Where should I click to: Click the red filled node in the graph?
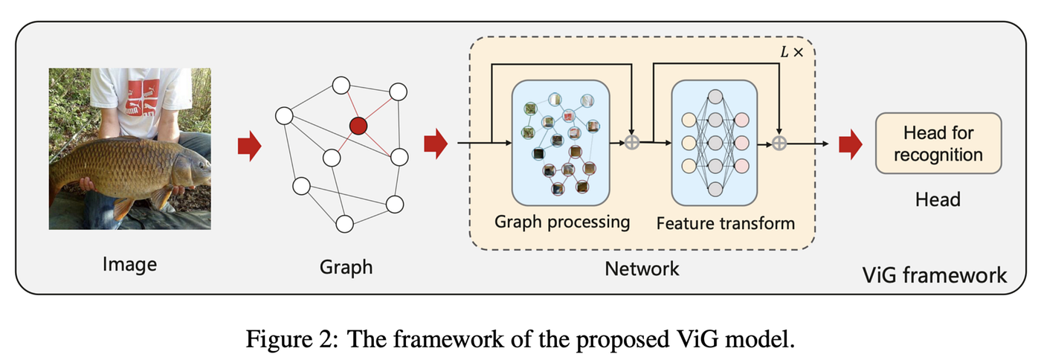(358, 126)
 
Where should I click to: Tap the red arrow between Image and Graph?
(250, 146)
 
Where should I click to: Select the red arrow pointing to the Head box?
(851, 144)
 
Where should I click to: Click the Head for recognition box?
(938, 144)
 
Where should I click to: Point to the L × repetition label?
(792, 52)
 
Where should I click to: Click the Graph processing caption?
(562, 222)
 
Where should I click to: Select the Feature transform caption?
(726, 223)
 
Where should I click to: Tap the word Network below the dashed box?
(642, 269)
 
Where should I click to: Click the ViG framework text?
(935, 275)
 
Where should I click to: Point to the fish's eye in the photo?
(202, 164)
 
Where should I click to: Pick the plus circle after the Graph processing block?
(631, 142)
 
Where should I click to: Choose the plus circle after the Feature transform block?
(779, 144)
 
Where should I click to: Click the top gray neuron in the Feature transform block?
(715, 97)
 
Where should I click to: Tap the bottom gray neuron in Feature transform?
(715, 190)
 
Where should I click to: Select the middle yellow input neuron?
(689, 143)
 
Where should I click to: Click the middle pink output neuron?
(742, 143)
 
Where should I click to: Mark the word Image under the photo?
(129, 265)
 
